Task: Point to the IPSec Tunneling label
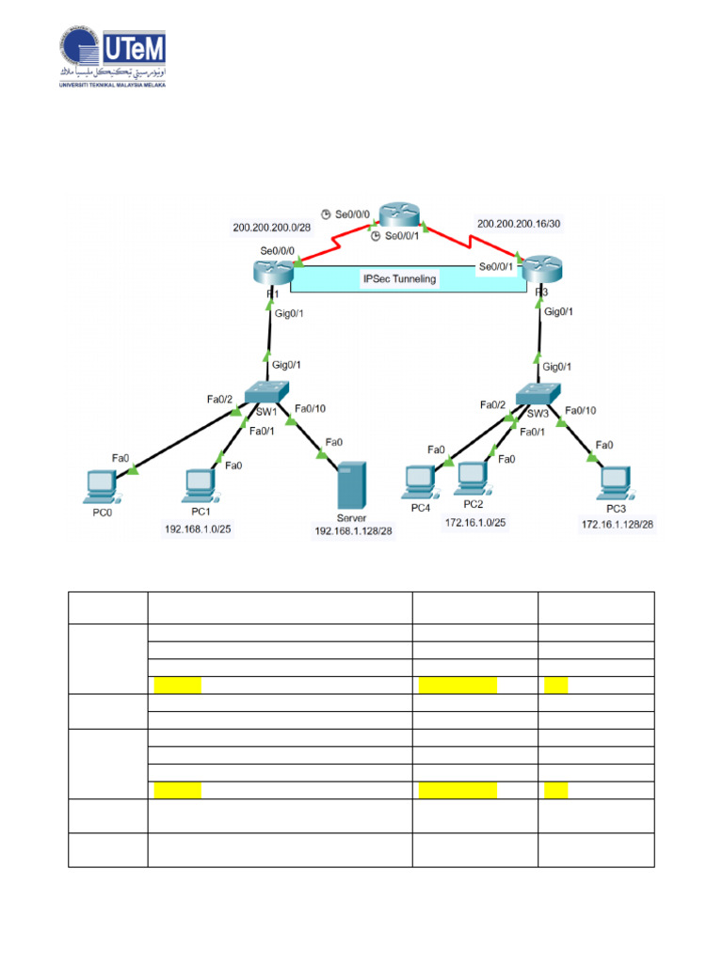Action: click(x=400, y=279)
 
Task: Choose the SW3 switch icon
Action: click(x=538, y=394)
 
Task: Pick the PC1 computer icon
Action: click(x=200, y=484)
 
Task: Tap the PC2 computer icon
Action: click(x=473, y=481)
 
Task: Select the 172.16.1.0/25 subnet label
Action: click(x=475, y=525)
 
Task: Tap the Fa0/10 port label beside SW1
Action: click(x=312, y=409)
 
